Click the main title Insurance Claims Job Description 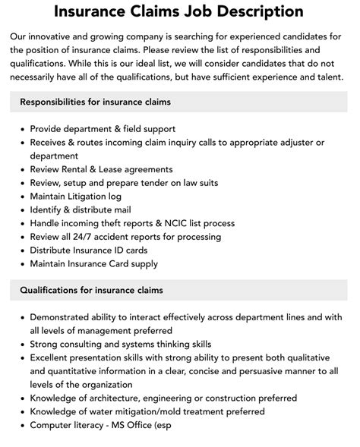pyautogui.click(x=179, y=12)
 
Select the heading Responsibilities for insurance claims pyautogui.click(x=95, y=101)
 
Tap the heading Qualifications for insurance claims pyautogui.click(x=91, y=290)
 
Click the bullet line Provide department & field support pyautogui.click(x=103, y=129)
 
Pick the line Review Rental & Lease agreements pyautogui.click(x=101, y=169)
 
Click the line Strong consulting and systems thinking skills pyautogui.click(x=121, y=344)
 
